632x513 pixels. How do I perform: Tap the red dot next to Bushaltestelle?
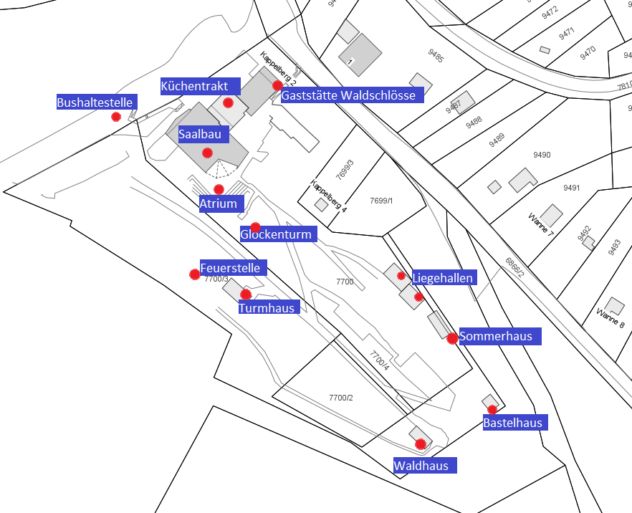(x=116, y=117)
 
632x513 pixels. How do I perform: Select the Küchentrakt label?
(x=195, y=86)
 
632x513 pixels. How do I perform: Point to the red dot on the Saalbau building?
(x=207, y=153)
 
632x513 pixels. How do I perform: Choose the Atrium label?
(x=218, y=204)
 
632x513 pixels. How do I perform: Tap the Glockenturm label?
(x=276, y=234)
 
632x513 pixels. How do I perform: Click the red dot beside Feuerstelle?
(x=194, y=274)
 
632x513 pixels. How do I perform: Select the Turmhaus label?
(x=266, y=308)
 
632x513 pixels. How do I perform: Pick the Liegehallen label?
(x=443, y=277)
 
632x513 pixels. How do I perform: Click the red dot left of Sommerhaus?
(x=452, y=338)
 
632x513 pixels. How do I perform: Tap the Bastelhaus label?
(x=512, y=423)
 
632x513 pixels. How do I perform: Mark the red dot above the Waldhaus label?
(x=421, y=444)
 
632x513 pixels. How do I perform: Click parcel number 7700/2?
(x=341, y=398)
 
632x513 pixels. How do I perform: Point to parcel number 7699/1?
(x=381, y=201)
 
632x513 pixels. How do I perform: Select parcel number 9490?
(x=542, y=155)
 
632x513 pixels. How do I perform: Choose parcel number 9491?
(x=571, y=188)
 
